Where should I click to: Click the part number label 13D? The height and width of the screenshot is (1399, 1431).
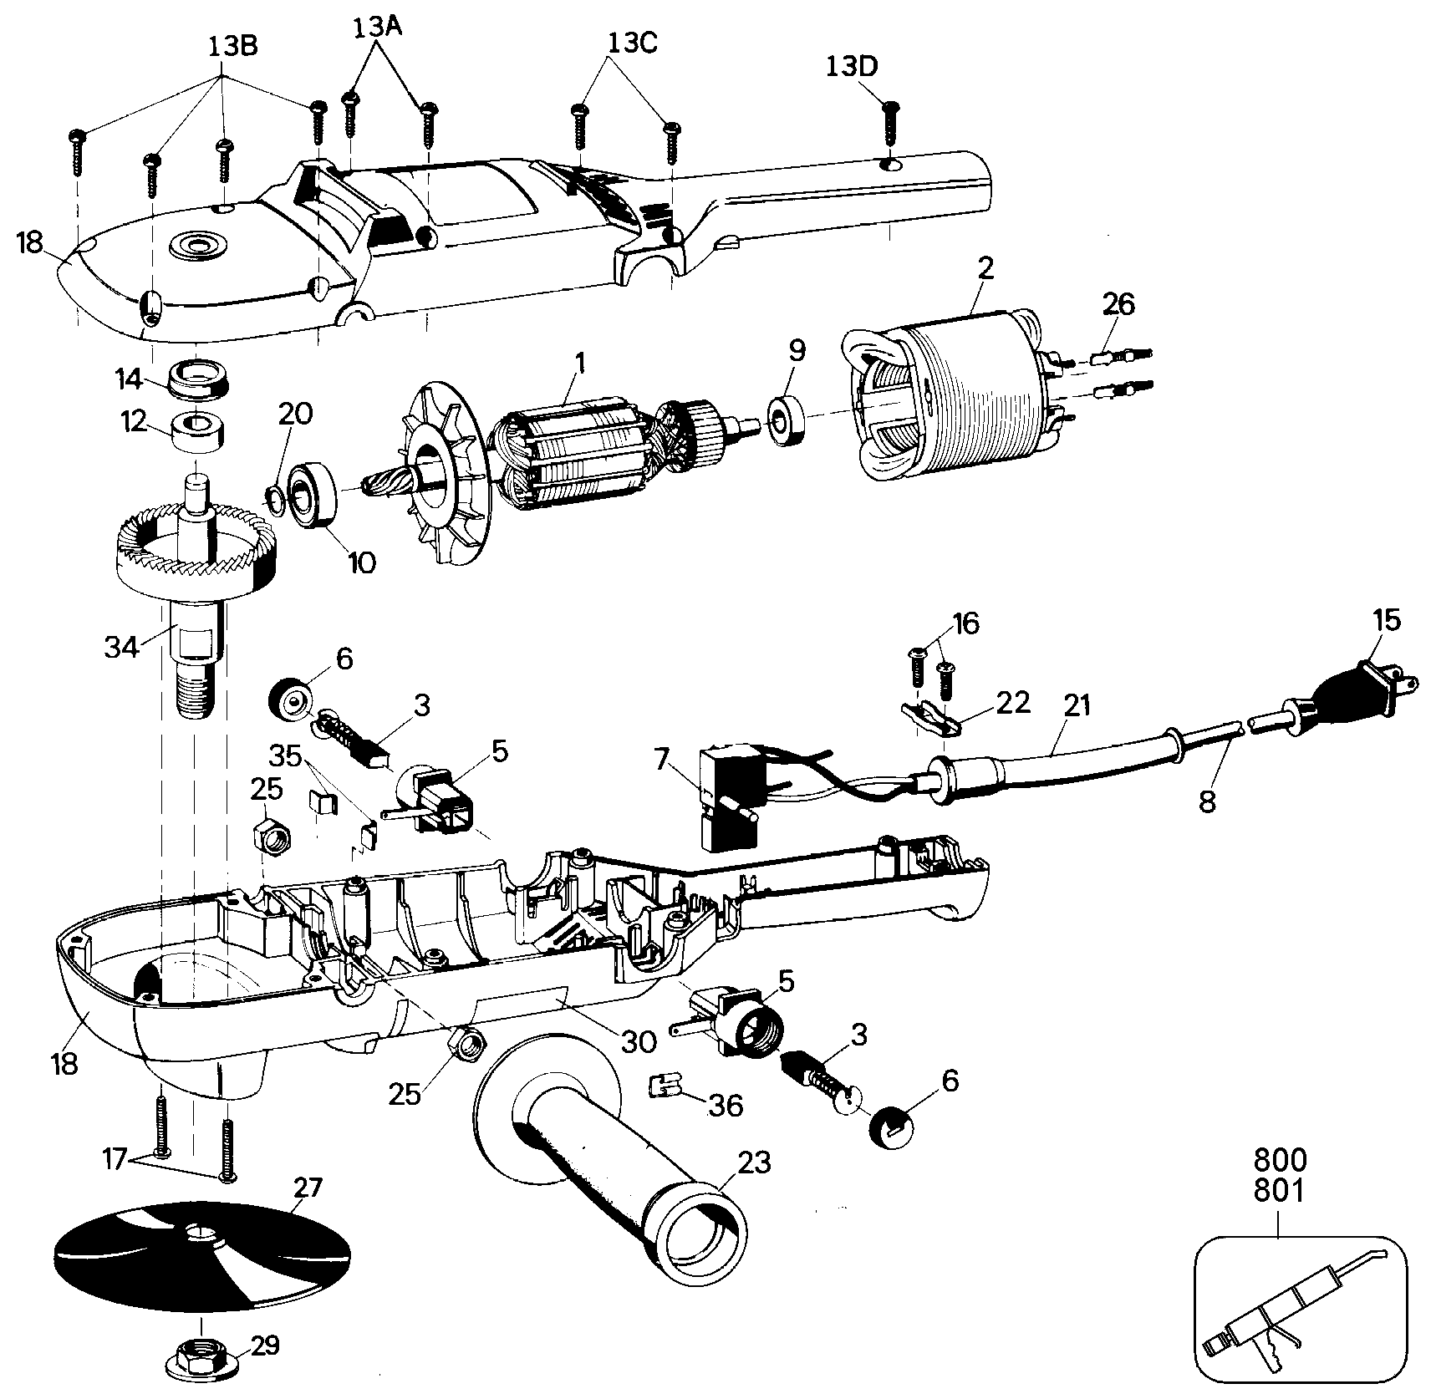[x=853, y=65]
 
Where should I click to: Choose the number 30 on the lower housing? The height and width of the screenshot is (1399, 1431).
[x=638, y=1040]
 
